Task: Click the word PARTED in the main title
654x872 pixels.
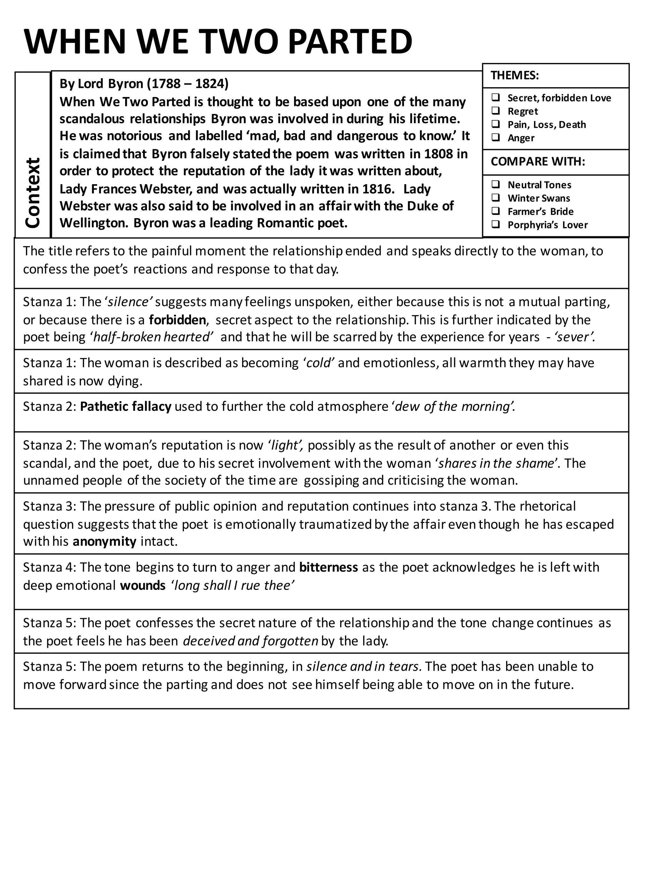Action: pyautogui.click(x=350, y=42)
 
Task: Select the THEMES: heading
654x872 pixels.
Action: pyautogui.click(x=514, y=75)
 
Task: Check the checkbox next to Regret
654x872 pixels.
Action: pyautogui.click(x=496, y=111)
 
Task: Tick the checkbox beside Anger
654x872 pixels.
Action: pyautogui.click(x=496, y=138)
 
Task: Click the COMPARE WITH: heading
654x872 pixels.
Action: pyautogui.click(x=538, y=162)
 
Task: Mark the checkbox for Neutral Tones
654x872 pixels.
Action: pyautogui.click(x=496, y=185)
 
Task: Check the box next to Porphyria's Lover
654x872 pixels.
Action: pyautogui.click(x=496, y=225)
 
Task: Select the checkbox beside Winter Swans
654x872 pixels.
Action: pyautogui.click(x=496, y=198)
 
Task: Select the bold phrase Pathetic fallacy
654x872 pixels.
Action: pyautogui.click(x=125, y=406)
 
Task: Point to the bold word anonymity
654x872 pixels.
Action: pyautogui.click(x=104, y=541)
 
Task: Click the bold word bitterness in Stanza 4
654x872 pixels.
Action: pyautogui.click(x=328, y=567)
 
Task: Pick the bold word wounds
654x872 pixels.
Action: pyautogui.click(x=143, y=585)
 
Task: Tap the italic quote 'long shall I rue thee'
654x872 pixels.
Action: pyautogui.click(x=232, y=585)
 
